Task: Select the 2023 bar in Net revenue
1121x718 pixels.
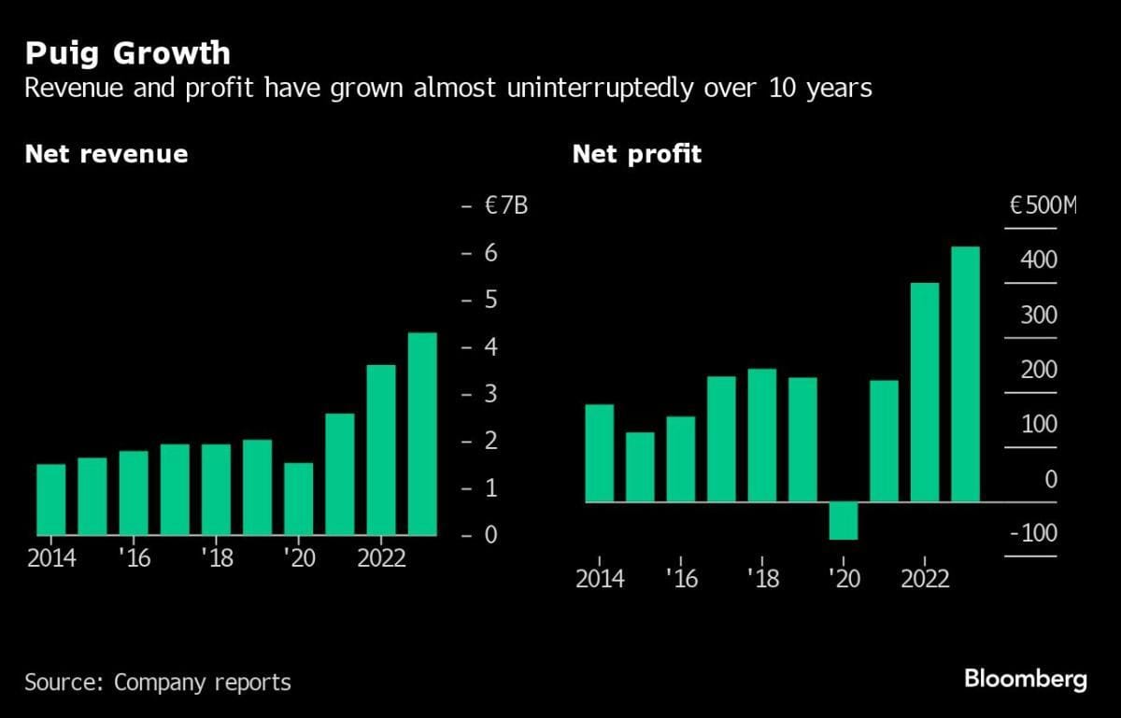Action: (422, 434)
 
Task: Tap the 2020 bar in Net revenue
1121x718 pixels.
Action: (299, 499)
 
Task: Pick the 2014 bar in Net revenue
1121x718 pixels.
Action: (51, 500)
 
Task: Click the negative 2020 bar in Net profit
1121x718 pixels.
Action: (844, 520)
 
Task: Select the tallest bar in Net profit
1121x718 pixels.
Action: (965, 373)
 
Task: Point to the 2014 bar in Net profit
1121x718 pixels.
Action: (599, 453)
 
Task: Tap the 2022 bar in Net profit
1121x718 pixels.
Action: (925, 392)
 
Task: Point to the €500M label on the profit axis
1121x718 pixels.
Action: (1043, 205)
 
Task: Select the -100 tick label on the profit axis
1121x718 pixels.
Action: (1032, 533)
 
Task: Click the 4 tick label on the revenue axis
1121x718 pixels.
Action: (489, 347)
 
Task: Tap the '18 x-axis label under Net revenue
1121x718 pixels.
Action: (216, 557)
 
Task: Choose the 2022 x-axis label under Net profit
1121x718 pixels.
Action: (926, 579)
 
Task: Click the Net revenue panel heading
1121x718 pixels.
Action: (106, 153)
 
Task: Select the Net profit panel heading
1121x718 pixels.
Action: (636, 153)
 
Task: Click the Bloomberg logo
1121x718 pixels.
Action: (1025, 679)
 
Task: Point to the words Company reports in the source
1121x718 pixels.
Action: (203, 683)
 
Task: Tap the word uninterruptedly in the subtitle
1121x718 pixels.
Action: (559, 89)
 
